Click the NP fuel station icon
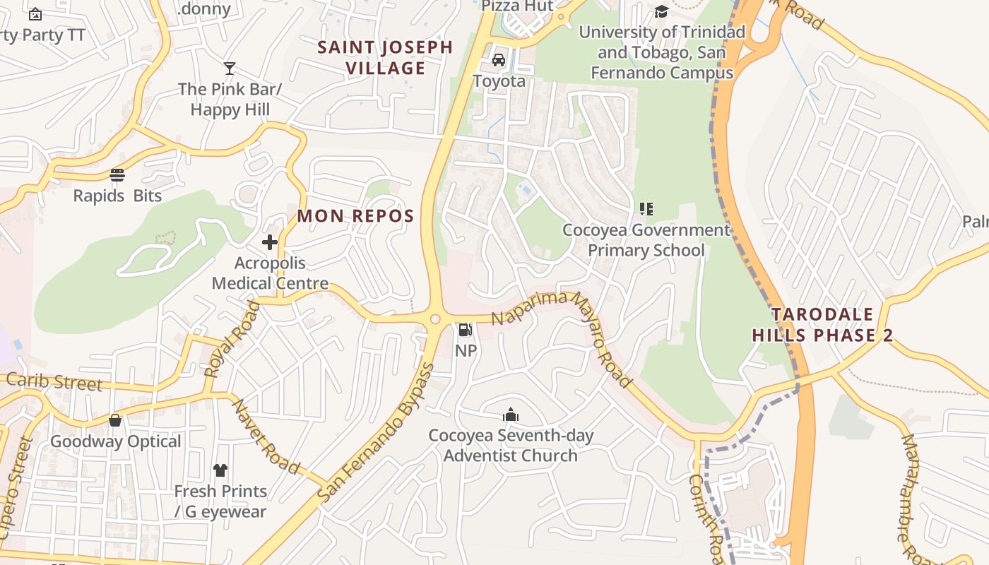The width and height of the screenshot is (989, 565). (x=465, y=329)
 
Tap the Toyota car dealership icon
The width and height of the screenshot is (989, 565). (x=499, y=60)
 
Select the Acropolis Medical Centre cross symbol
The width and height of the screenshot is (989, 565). (x=269, y=243)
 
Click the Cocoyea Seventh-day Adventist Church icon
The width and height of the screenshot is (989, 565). (x=510, y=415)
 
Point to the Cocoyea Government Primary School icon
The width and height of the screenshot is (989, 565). (x=646, y=209)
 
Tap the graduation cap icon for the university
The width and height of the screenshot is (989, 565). (x=661, y=11)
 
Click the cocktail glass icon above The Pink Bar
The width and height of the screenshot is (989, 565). (x=230, y=69)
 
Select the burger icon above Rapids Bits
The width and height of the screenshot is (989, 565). (x=117, y=175)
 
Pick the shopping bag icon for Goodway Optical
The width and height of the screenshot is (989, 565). (x=115, y=421)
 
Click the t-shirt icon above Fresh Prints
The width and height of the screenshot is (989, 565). (x=220, y=470)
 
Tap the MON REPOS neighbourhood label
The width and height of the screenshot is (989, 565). (x=355, y=216)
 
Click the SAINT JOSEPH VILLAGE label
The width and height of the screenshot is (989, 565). (x=385, y=58)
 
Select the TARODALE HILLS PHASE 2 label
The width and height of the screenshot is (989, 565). (x=822, y=325)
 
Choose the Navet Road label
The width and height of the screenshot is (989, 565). (x=267, y=436)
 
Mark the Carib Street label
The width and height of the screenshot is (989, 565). (x=54, y=382)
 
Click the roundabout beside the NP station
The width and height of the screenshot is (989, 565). (x=435, y=319)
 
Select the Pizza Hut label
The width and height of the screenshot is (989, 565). (x=517, y=6)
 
